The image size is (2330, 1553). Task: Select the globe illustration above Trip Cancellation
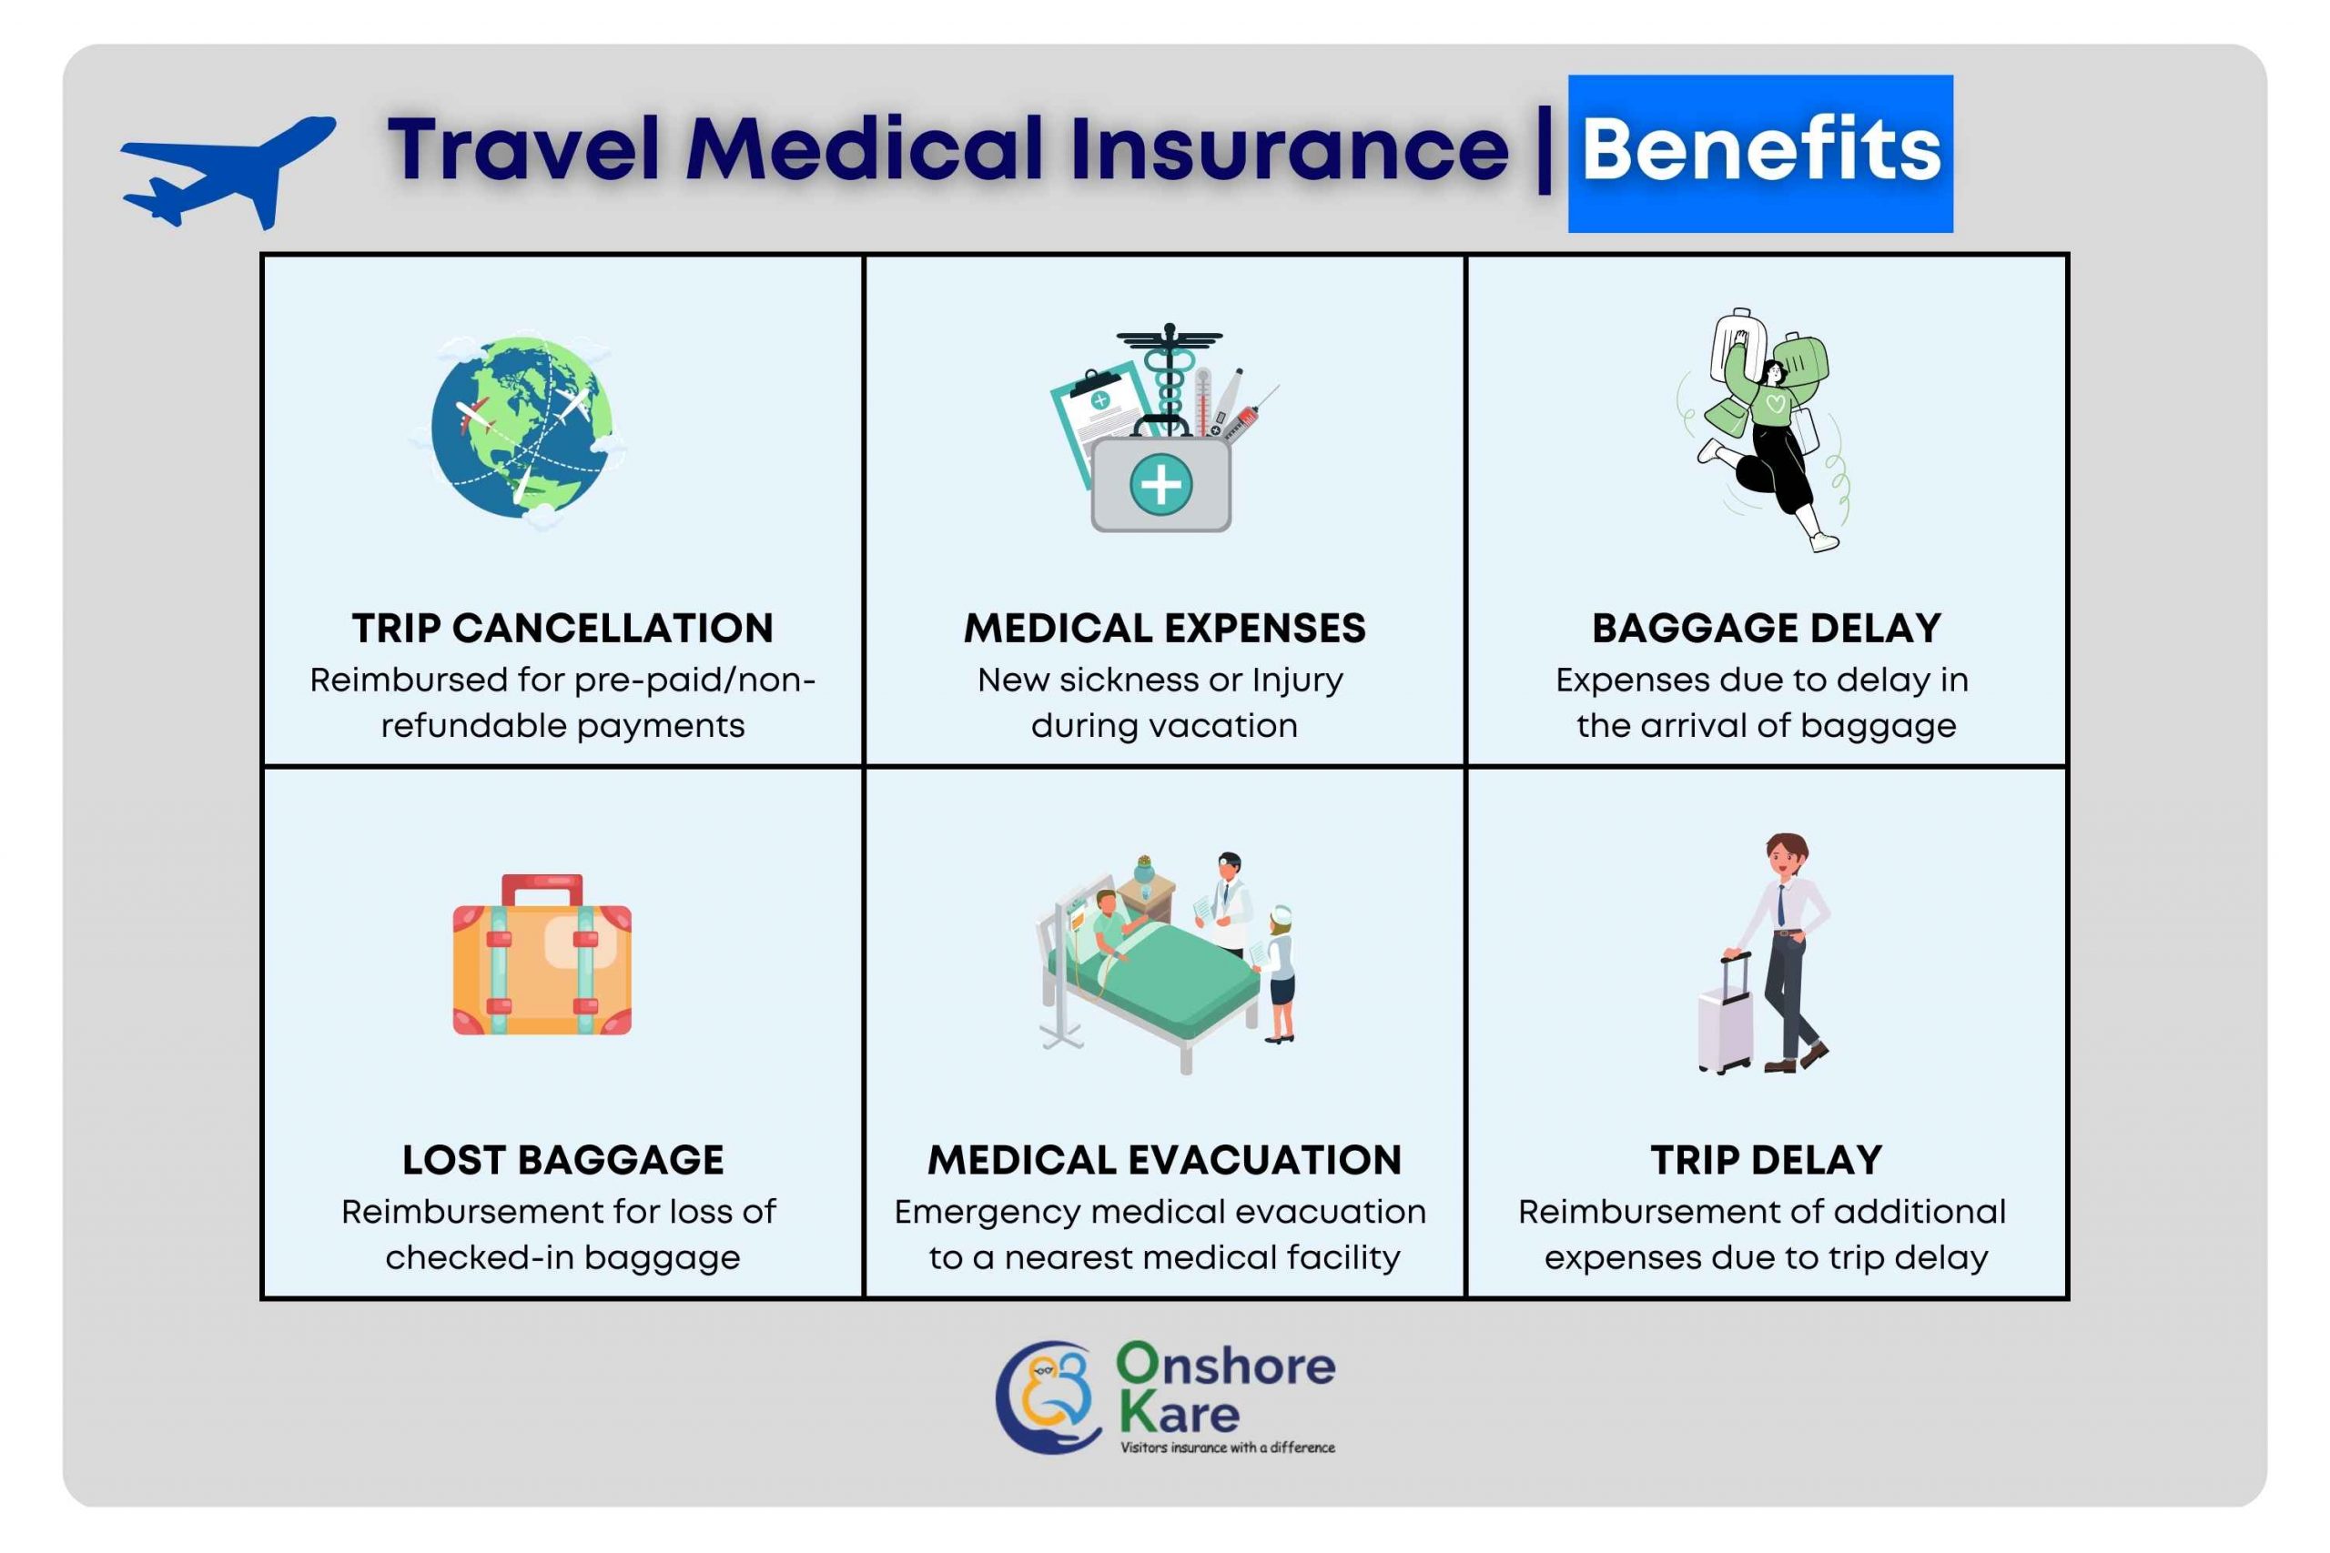[x=519, y=429]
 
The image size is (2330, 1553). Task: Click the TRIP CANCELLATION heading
[x=562, y=628]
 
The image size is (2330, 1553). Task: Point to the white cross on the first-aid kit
[x=1160, y=485]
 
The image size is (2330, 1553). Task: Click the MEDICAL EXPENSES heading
[x=1164, y=628]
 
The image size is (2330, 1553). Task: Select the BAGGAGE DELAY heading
[x=1767, y=628]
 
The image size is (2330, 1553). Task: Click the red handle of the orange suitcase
[x=542, y=887]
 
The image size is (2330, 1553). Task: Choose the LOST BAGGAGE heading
[x=562, y=1160]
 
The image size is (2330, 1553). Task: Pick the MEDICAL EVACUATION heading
[x=1164, y=1160]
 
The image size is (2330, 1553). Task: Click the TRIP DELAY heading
[x=1767, y=1160]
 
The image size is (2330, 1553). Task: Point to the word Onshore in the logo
[x=1225, y=1365]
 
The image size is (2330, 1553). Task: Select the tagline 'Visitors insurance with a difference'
[x=1228, y=1447]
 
